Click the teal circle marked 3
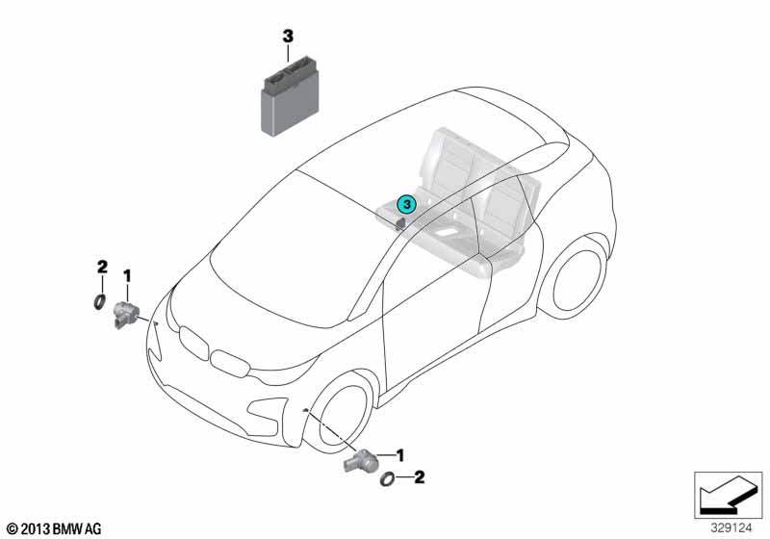[406, 204]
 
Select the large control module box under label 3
[290, 95]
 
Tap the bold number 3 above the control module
[288, 37]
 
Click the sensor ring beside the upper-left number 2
[100, 302]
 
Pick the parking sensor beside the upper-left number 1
[126, 315]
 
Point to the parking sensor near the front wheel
[361, 460]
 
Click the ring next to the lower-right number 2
[388, 478]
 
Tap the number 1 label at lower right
[400, 455]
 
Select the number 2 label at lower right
[419, 476]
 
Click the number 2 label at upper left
[102, 267]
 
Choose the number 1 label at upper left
[127, 276]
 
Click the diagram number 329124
[731, 528]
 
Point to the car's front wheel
[338, 413]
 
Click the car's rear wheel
[576, 280]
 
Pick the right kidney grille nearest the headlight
[230, 364]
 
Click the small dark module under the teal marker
[399, 224]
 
